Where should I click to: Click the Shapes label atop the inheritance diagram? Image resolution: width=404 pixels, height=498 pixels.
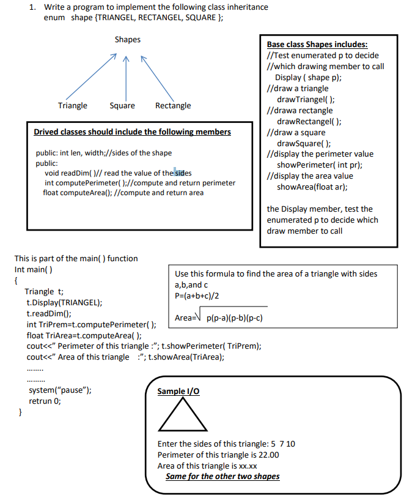pyautogui.click(x=127, y=40)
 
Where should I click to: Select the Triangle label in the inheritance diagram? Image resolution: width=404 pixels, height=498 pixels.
pyautogui.click(x=72, y=106)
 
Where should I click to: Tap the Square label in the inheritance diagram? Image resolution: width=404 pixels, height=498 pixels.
pyautogui.click(x=122, y=106)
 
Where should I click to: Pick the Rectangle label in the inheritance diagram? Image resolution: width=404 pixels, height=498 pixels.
pyautogui.click(x=173, y=106)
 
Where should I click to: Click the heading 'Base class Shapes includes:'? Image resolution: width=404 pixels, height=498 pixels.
pyautogui.click(x=317, y=45)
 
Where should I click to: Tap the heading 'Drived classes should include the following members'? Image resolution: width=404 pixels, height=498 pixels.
pyautogui.click(x=132, y=132)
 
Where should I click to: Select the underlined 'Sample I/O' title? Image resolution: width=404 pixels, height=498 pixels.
pyautogui.click(x=178, y=391)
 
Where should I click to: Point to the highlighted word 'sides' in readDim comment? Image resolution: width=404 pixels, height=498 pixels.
pyautogui.click(x=183, y=173)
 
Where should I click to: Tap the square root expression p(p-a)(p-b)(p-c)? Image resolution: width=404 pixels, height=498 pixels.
pyautogui.click(x=234, y=319)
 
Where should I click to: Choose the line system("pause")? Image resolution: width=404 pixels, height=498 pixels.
pyautogui.click(x=61, y=390)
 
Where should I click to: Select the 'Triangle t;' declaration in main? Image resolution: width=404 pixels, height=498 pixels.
pyautogui.click(x=44, y=291)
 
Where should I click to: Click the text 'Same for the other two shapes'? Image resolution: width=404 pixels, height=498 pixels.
pyautogui.click(x=222, y=477)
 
